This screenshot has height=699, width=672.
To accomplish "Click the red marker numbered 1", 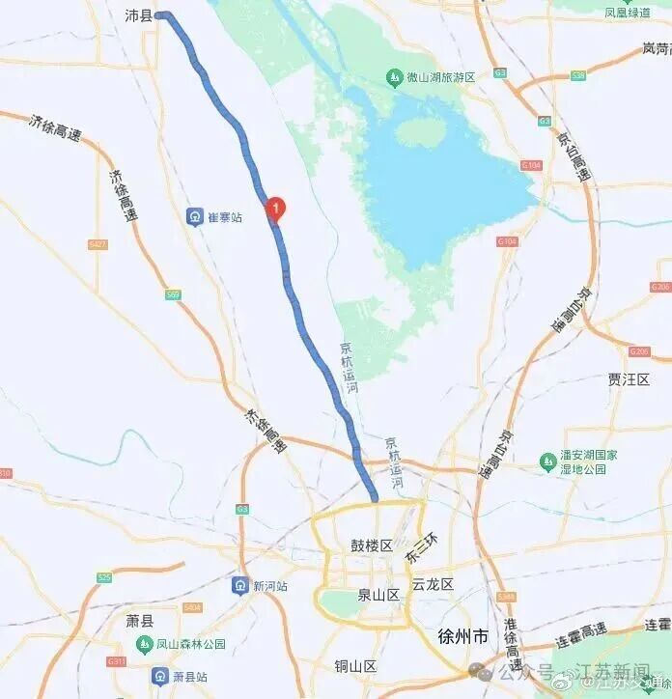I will click(275, 207).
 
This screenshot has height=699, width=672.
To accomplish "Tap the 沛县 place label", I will click(139, 15).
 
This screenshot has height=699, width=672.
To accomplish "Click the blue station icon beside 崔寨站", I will click(194, 217).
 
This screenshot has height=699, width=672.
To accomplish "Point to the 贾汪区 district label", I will click(629, 379).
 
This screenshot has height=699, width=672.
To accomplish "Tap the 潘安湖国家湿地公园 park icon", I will click(546, 461).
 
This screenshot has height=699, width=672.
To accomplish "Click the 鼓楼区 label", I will click(371, 545).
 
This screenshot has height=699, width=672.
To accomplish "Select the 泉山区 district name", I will click(378, 596).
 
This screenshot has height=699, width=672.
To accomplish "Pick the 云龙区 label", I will click(433, 584).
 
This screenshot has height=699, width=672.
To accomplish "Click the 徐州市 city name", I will click(462, 636).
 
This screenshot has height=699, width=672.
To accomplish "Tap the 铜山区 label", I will click(355, 666).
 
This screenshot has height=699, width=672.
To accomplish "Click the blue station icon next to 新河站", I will click(239, 585).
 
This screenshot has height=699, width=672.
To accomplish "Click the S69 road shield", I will click(173, 294).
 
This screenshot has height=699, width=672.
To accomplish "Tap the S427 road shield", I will click(97, 245).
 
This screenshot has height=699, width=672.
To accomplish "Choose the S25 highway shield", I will click(104, 577).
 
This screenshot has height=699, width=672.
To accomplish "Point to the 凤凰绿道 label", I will click(628, 13).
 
